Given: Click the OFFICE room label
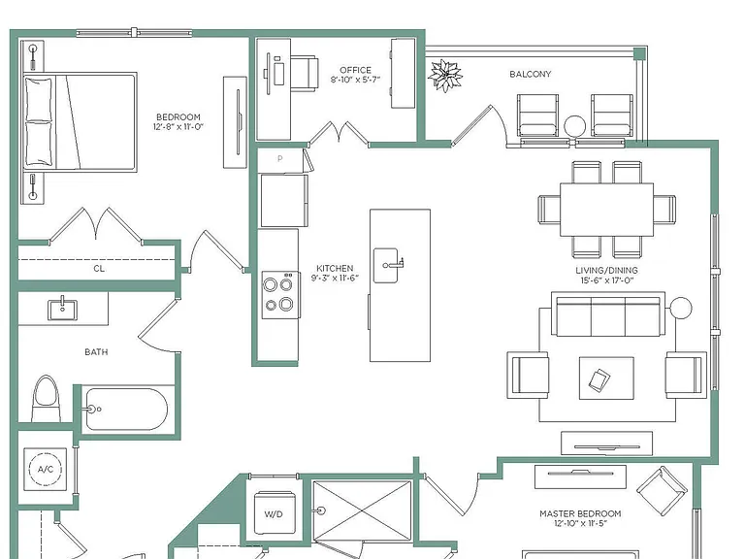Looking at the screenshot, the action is (355, 70).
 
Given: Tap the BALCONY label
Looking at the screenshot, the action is (531, 74).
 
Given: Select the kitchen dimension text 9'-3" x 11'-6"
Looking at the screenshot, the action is (335, 279).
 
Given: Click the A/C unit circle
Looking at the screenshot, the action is (46, 469).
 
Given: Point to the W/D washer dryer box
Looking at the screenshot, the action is (274, 513).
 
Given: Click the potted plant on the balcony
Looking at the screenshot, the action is (444, 76).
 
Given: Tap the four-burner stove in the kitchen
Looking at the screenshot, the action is (280, 295).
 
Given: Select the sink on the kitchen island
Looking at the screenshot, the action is (386, 265).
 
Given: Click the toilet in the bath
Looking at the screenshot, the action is (46, 398).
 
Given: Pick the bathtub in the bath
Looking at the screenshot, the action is (126, 410).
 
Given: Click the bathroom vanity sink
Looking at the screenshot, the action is (62, 309).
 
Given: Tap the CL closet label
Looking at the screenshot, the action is (99, 269).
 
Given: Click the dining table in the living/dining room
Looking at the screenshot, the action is (606, 210).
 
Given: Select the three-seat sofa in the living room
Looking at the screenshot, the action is (608, 314).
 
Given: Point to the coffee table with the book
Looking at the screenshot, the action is (606, 378).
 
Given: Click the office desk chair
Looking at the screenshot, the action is (304, 74).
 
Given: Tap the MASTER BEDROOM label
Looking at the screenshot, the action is (580, 513).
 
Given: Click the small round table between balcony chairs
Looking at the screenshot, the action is (575, 126).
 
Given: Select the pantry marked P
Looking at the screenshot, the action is (280, 160).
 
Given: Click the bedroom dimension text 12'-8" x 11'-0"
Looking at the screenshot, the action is (178, 127).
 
